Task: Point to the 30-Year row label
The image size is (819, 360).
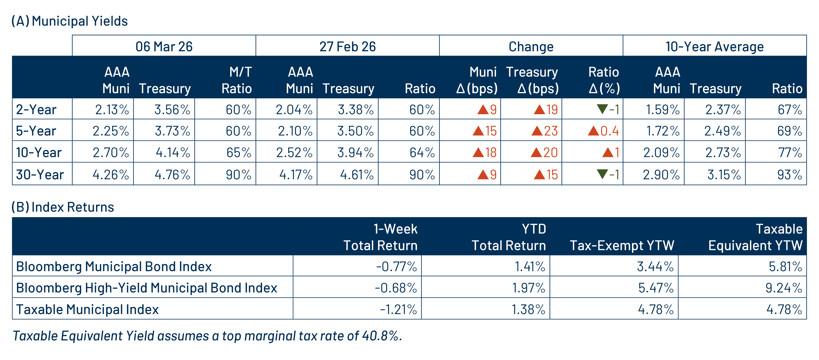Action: (x=40, y=175)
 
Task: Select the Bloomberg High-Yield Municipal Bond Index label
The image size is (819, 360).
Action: (x=147, y=288)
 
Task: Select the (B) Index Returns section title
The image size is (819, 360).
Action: (x=63, y=207)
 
